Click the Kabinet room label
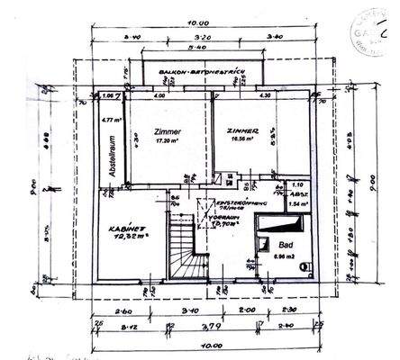pos(123,228)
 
